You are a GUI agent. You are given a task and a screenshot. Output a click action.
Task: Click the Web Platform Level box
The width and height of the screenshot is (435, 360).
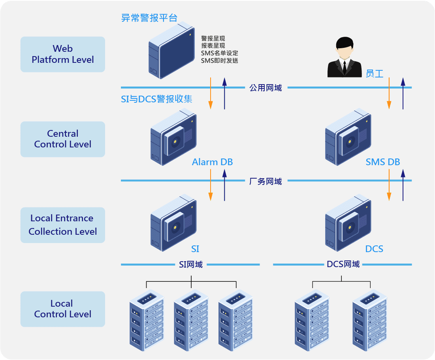coord(63,55)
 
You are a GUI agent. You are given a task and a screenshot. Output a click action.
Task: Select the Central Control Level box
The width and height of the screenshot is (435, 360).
coord(63,139)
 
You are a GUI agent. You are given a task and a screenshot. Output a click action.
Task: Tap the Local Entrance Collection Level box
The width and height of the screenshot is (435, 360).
coord(63,225)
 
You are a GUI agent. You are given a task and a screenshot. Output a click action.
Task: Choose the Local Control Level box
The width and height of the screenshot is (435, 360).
coord(63,309)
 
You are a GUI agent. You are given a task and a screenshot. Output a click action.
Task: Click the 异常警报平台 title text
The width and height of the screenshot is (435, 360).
coord(149,18)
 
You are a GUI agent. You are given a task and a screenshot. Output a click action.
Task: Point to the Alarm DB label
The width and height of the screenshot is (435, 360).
coord(212,162)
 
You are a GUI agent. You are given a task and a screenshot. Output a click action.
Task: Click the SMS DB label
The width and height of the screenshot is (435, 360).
coord(383,162)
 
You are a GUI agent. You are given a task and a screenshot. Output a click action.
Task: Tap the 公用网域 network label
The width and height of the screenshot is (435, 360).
coord(266,88)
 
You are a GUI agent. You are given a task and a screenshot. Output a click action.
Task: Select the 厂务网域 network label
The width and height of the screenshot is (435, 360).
coord(266,181)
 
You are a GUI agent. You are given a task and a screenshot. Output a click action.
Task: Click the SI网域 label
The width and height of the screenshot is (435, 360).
coord(191,264)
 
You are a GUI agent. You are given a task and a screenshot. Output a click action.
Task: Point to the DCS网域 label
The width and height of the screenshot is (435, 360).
coord(343,264)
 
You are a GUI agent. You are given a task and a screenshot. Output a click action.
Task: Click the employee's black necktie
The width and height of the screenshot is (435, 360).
coord(345,67)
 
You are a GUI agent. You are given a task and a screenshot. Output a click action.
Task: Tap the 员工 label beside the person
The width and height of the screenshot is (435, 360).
coord(375,74)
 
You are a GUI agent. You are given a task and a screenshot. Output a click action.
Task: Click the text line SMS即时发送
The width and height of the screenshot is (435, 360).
coord(219,60)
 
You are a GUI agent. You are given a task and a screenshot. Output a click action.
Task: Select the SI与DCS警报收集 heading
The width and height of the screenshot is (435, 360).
coord(156,99)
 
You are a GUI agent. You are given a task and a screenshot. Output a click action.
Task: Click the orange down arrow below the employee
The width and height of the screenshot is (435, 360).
coord(389,93)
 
